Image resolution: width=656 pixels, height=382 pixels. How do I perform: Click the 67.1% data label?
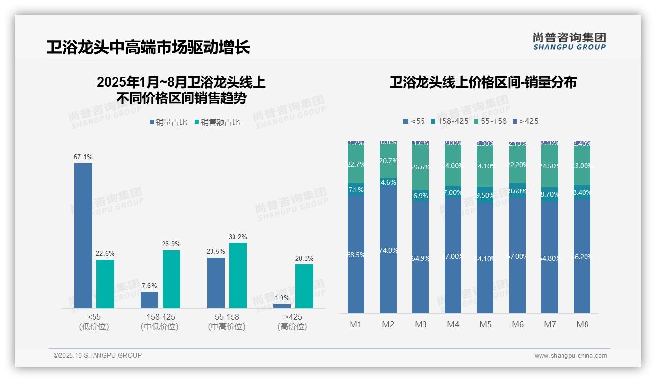[83, 157]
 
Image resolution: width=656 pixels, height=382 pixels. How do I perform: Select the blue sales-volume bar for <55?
[83, 235]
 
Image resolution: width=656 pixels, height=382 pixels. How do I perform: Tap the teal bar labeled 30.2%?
[237, 275]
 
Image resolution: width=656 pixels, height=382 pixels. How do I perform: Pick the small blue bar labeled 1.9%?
[282, 306]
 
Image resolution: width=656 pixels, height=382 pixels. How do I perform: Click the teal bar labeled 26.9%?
[171, 279]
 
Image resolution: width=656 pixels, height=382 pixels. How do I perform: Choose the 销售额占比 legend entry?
[217, 122]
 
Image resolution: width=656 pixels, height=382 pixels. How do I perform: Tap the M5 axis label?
[485, 324]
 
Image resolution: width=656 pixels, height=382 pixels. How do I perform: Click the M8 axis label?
[582, 324]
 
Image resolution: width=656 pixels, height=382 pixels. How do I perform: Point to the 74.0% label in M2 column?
[388, 250]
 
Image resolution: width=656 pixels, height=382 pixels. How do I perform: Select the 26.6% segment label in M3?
[421, 167]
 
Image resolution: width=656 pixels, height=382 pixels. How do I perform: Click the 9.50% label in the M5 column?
[485, 195]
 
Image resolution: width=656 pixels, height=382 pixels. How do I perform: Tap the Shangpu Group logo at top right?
[569, 41]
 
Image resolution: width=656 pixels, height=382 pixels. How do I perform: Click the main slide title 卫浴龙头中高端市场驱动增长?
[148, 47]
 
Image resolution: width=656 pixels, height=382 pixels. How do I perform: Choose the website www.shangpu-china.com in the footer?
[570, 356]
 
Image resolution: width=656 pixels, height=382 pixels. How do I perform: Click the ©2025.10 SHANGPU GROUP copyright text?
[97, 355]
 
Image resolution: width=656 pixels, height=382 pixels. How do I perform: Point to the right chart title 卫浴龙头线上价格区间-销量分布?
[483, 82]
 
